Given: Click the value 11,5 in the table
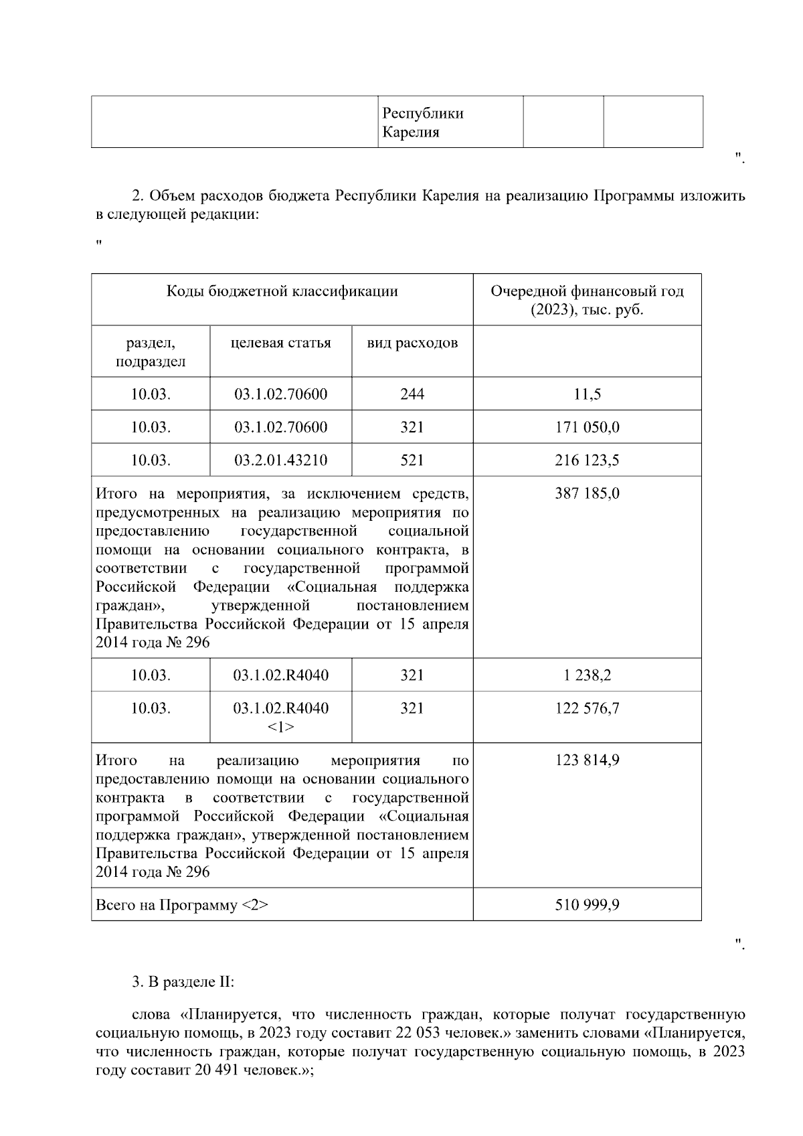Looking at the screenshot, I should pyautogui.click(x=587, y=394).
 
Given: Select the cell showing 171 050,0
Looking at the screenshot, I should pyautogui.click(x=587, y=427).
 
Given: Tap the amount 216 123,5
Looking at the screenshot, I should pyautogui.click(x=587, y=461).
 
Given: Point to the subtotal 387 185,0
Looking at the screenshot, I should pyautogui.click(x=587, y=494).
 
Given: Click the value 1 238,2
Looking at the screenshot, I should pyautogui.click(x=587, y=675).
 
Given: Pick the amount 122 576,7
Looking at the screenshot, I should pyautogui.click(x=587, y=708).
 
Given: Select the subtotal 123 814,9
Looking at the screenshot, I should pyautogui.click(x=587, y=760).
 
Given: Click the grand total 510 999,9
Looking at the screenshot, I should pyautogui.click(x=587, y=905).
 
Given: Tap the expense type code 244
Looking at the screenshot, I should pyautogui.click(x=412, y=394).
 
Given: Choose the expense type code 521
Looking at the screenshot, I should pyautogui.click(x=412, y=461).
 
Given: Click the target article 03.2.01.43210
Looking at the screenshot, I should pyautogui.click(x=280, y=461).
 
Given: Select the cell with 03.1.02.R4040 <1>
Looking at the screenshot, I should pyautogui.click(x=280, y=717).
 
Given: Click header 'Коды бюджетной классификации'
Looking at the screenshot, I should pyautogui.click(x=282, y=291).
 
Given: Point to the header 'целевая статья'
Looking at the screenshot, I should pyautogui.click(x=280, y=343).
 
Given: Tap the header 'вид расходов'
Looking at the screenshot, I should pyautogui.click(x=412, y=343).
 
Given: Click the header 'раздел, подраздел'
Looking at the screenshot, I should pyautogui.click(x=151, y=352).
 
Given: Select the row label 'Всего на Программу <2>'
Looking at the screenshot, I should pyautogui.click(x=182, y=905).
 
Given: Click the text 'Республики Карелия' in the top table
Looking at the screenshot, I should pyautogui.click(x=422, y=122).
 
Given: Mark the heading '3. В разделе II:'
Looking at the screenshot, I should pyautogui.click(x=183, y=983).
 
